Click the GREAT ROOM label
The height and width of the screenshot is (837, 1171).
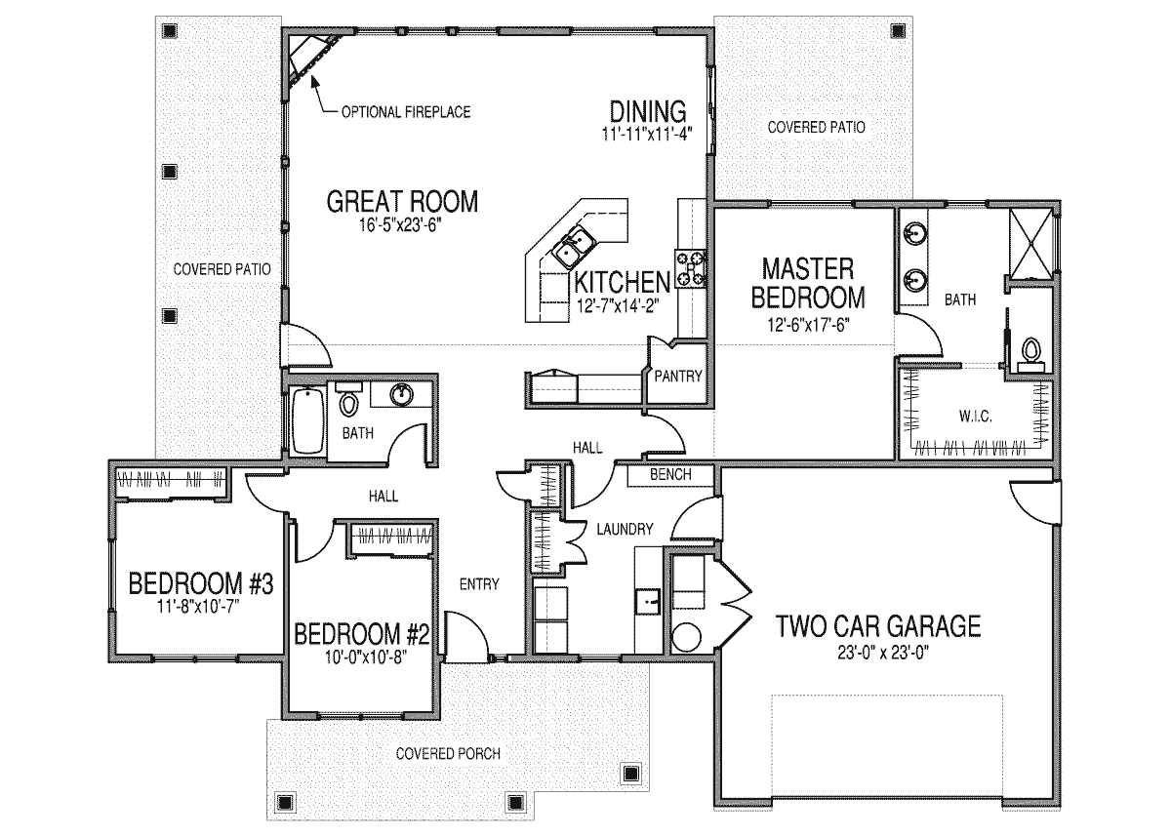402,202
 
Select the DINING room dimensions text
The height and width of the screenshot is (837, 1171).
647,134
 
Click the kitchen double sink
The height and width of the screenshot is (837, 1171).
573,247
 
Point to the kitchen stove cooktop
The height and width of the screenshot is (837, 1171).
690,268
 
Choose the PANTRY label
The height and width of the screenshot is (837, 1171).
678,377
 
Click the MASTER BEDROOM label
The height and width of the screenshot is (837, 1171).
808,283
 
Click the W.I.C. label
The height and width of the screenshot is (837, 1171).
976,417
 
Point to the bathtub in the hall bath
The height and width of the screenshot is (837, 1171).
308,420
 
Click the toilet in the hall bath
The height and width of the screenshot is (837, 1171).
348,399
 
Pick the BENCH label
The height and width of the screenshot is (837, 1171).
670,474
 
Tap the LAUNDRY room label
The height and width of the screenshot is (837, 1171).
626,530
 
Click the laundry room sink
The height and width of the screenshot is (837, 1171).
648,601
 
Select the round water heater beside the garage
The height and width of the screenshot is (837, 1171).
686,637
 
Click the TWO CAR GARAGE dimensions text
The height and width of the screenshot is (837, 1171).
883,653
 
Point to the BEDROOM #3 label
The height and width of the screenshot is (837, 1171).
201,583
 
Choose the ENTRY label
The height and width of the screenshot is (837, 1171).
479,584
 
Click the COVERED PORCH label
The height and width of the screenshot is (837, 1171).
448,753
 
